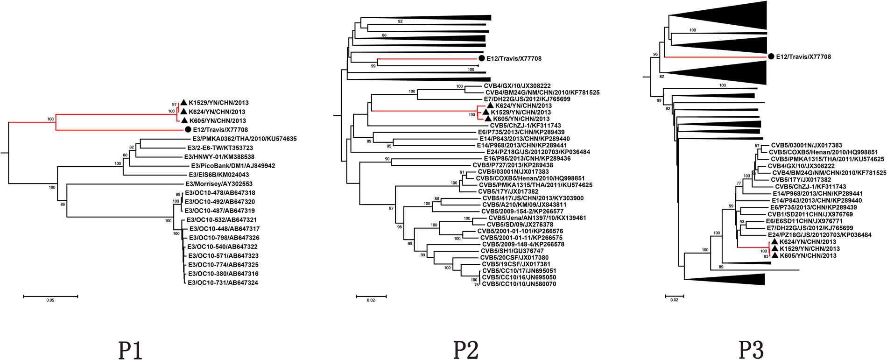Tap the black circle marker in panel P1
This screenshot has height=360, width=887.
[x=188, y=129]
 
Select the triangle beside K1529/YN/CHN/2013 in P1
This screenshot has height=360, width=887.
[x=184, y=102]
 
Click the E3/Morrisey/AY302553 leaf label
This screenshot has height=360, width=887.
[x=219, y=184]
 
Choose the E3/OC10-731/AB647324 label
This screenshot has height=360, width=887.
[x=223, y=283]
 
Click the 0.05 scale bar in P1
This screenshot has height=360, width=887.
[x=50, y=296]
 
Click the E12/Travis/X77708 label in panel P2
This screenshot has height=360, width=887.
[x=514, y=59]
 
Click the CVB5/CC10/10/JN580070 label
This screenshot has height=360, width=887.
[x=519, y=284]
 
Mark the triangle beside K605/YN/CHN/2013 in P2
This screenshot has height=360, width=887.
[x=488, y=119]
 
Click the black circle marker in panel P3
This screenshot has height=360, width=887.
[x=771, y=56]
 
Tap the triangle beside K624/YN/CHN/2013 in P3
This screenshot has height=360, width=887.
[x=775, y=241]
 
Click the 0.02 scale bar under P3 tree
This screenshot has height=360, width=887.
[x=674, y=296]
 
